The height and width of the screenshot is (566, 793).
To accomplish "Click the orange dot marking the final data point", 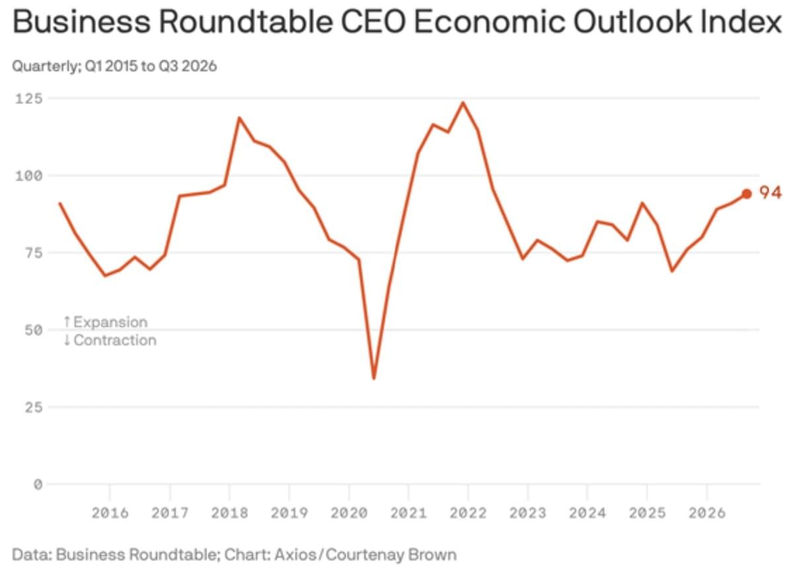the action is pos(747,194).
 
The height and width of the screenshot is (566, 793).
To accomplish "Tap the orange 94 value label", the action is pos(771,193).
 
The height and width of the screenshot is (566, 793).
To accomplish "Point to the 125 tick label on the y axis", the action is pos(28,98).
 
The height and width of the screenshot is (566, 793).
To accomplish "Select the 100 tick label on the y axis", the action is pos(28,176).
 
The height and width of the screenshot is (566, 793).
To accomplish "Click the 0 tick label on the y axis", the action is pos(38,484).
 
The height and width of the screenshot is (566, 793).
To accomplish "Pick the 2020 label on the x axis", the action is pos(349,513).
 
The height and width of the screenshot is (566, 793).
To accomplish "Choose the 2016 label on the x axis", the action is pos(110,513).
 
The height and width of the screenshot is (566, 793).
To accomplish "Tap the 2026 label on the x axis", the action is pos(707,513).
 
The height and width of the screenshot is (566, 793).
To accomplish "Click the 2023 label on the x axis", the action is pos(528,513).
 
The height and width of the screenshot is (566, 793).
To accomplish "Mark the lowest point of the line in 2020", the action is pos(374,378).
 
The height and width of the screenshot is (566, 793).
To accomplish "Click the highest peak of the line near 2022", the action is pos(463,103).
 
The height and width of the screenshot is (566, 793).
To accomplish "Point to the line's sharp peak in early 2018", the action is pos(239,118).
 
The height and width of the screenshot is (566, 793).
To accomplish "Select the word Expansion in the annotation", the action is pos(110,322).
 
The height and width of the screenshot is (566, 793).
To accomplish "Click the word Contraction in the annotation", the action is pos(115,340).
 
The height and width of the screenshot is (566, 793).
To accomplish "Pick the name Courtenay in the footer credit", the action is pos(365,554).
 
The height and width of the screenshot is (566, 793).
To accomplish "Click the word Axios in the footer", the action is pos(295,554).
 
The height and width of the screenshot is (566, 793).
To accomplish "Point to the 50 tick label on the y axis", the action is pos(33,330).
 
